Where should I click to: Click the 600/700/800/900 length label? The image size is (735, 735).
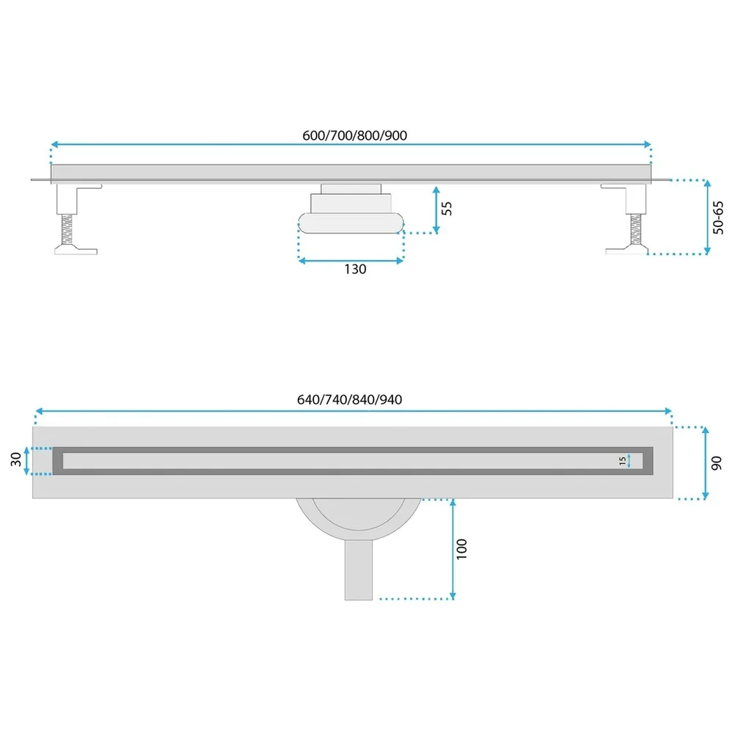click(355, 135)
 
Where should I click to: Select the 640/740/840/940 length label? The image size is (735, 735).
click(350, 400)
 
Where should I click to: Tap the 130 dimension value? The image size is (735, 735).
click(355, 270)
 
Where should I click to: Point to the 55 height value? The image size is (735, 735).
click(447, 209)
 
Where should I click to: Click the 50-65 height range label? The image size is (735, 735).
click(718, 218)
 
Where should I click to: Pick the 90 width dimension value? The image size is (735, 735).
click(717, 463)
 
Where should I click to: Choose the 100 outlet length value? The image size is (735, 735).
click(462, 549)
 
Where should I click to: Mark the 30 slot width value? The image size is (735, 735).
click(16, 459)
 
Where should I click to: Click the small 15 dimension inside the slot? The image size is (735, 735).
click(622, 462)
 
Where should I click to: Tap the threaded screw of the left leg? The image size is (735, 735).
click(67, 229)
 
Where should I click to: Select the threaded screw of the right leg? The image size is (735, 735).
click(636, 229)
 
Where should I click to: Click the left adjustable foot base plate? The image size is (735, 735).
click(76, 250)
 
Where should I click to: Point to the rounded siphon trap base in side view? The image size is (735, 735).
click(351, 223)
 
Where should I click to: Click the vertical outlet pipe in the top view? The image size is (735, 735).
click(359, 570)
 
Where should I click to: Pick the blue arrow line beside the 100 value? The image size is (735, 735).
click(453, 549)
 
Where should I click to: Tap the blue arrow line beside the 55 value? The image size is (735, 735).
click(437, 209)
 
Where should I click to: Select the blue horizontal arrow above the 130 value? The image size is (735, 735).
click(351, 261)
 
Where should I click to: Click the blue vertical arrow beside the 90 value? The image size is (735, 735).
click(706, 463)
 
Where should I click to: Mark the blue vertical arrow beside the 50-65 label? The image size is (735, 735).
click(708, 217)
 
